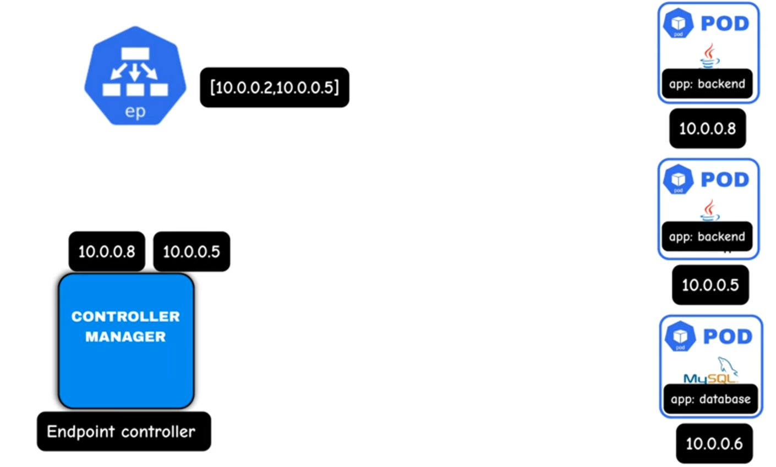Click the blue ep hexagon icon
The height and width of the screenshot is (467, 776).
point(135,75)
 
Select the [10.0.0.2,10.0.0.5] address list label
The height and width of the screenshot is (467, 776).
point(274,87)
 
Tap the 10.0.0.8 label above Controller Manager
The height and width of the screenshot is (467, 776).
point(107,251)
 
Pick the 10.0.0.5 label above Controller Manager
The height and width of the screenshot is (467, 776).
point(192,251)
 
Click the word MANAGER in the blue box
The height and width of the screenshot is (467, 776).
point(125,337)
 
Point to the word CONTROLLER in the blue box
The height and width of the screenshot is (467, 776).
point(125,316)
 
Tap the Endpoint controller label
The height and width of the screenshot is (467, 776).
point(123,431)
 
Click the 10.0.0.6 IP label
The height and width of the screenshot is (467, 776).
point(714,443)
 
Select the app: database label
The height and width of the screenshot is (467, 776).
point(711,399)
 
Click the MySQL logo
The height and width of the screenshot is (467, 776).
point(711,371)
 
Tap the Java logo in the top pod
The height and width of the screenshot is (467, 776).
point(709,56)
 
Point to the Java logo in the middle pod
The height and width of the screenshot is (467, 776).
point(709,210)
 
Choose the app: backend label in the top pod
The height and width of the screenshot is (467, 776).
point(707,84)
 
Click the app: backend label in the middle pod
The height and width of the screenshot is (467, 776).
point(707,237)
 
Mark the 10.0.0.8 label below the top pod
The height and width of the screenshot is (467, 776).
point(707,129)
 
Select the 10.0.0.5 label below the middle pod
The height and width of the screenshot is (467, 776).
point(710,285)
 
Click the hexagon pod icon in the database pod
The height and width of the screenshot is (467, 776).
point(680,336)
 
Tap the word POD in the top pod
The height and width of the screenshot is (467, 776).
point(725,24)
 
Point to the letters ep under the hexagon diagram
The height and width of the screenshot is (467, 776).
point(135,112)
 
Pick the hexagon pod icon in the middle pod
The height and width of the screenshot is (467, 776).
point(678,179)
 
